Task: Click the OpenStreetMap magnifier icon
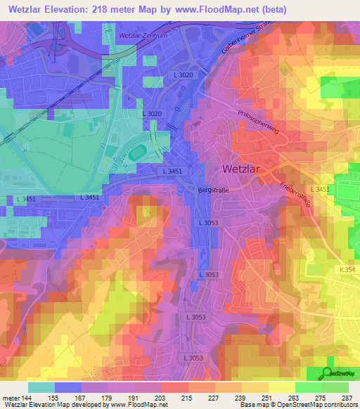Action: [x=328, y=375]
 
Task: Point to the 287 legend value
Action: [x=345, y=397]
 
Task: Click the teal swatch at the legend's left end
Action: [x=41, y=387]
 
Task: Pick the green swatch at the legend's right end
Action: [x=335, y=387]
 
